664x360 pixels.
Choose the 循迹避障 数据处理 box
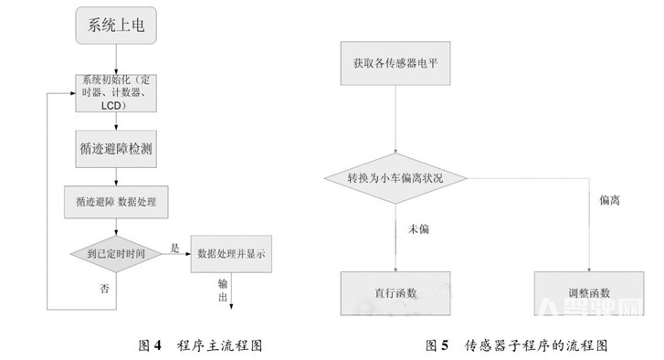(x=116, y=200)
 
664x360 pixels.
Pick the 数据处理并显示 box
(x=231, y=254)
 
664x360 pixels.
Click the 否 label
(x=104, y=289)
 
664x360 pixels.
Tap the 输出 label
(x=224, y=291)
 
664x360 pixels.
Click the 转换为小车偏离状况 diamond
(x=395, y=176)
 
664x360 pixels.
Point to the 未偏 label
(x=418, y=228)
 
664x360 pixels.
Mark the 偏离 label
(x=610, y=200)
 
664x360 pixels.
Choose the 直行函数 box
(x=395, y=294)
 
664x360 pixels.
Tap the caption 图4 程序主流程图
(x=201, y=345)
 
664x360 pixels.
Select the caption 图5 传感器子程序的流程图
(x=516, y=345)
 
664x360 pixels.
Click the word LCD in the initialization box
(x=113, y=106)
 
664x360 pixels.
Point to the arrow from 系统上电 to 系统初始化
(x=115, y=58)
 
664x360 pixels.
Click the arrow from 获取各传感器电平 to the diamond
(x=395, y=119)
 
